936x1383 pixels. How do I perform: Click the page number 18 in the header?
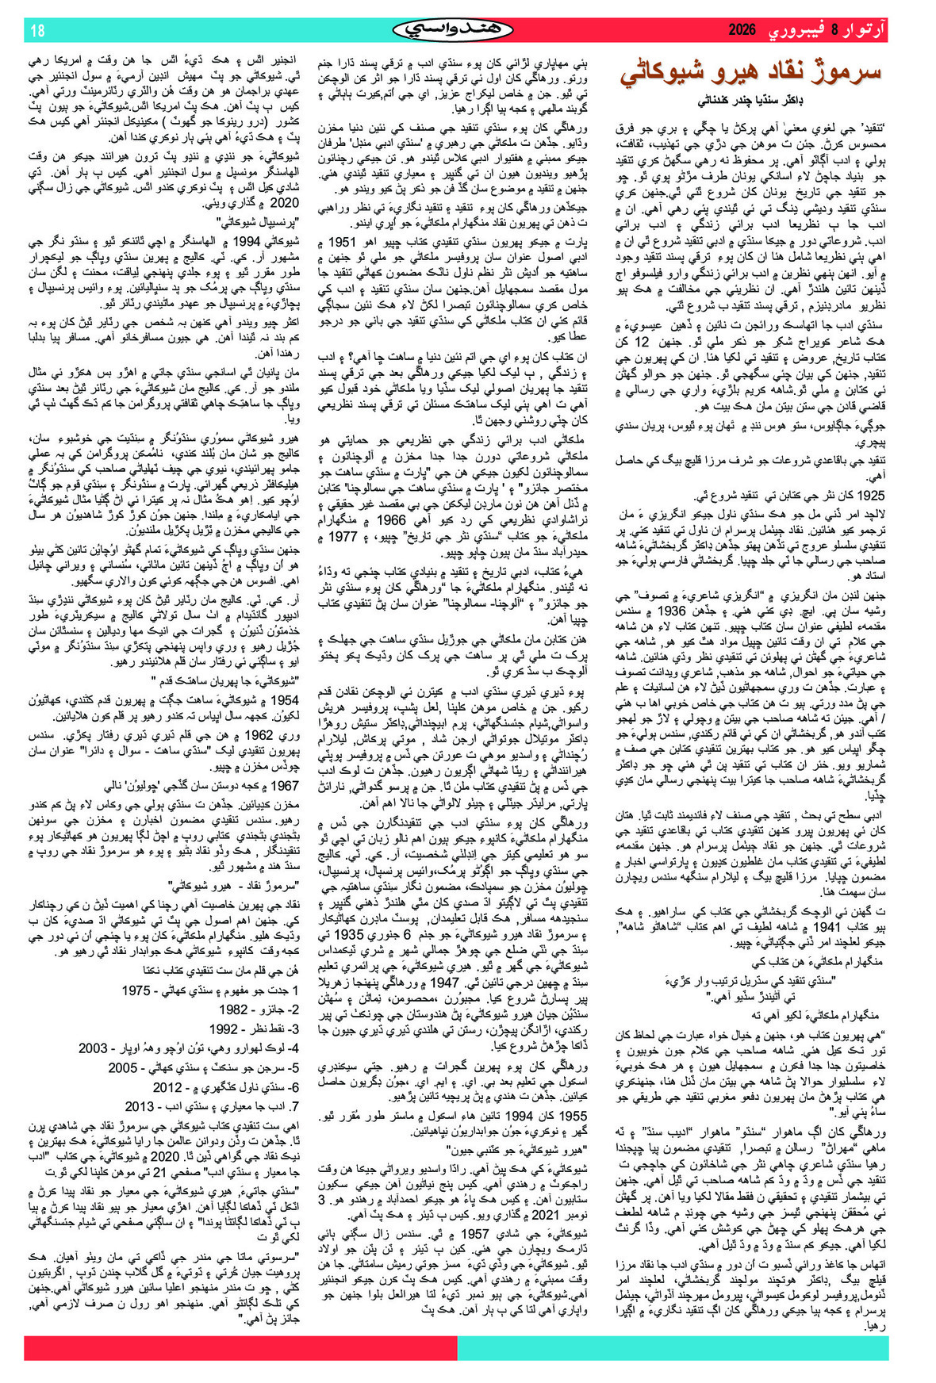(x=37, y=31)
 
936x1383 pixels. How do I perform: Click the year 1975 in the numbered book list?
(x=136, y=990)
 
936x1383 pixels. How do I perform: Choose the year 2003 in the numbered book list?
(x=93, y=1048)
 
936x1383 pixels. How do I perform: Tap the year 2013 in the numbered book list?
(x=140, y=1106)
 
